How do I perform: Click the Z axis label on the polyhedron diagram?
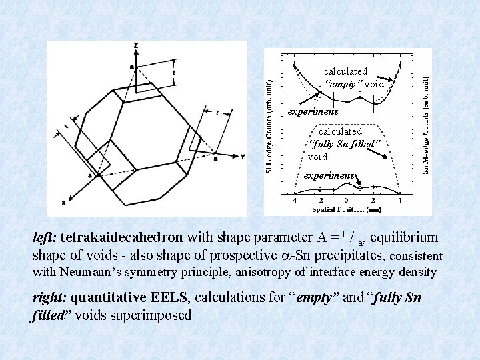click(x=136, y=46)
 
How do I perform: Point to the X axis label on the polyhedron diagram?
click(x=64, y=202)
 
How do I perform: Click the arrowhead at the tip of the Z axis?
click(x=136, y=53)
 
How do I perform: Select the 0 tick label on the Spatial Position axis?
click(x=346, y=200)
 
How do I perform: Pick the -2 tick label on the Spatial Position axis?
click(x=320, y=200)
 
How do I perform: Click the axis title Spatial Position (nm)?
click(x=346, y=209)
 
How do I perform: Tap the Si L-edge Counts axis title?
click(x=269, y=124)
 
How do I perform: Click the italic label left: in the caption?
click(x=44, y=238)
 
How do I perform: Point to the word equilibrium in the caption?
click(x=404, y=238)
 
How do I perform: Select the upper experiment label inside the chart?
click(x=313, y=111)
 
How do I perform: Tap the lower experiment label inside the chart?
click(x=329, y=175)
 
